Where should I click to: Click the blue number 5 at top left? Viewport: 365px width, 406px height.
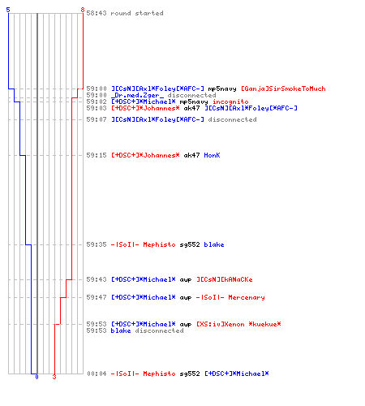[8, 10]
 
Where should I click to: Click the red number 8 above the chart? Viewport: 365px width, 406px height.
[83, 10]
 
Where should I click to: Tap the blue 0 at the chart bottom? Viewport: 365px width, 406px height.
[36, 377]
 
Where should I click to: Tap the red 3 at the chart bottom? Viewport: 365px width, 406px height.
[54, 377]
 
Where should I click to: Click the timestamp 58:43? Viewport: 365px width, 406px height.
[97, 13]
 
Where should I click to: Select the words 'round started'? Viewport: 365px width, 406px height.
[137, 13]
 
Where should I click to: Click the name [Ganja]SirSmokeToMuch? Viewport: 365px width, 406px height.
[283, 89]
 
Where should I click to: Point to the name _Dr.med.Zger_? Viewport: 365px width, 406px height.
[138, 95]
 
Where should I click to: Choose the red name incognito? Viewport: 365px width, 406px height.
[230, 101]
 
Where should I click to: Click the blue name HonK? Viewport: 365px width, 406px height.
[212, 155]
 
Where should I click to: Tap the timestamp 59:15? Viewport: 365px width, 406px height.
[97, 155]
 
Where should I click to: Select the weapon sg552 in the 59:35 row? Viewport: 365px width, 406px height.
[190, 244]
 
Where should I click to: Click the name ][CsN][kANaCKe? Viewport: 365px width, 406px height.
[225, 279]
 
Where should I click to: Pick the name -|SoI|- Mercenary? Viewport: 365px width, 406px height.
[230, 297]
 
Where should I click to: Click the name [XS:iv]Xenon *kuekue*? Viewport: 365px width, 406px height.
[238, 324]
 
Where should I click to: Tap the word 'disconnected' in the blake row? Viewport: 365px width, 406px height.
[159, 330]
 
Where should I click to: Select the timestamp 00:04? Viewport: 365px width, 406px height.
[97, 374]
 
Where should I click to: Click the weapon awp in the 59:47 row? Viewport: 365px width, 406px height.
[186, 298]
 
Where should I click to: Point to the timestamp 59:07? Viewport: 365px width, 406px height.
[97, 119]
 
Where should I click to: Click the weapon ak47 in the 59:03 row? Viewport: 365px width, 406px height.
[191, 108]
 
